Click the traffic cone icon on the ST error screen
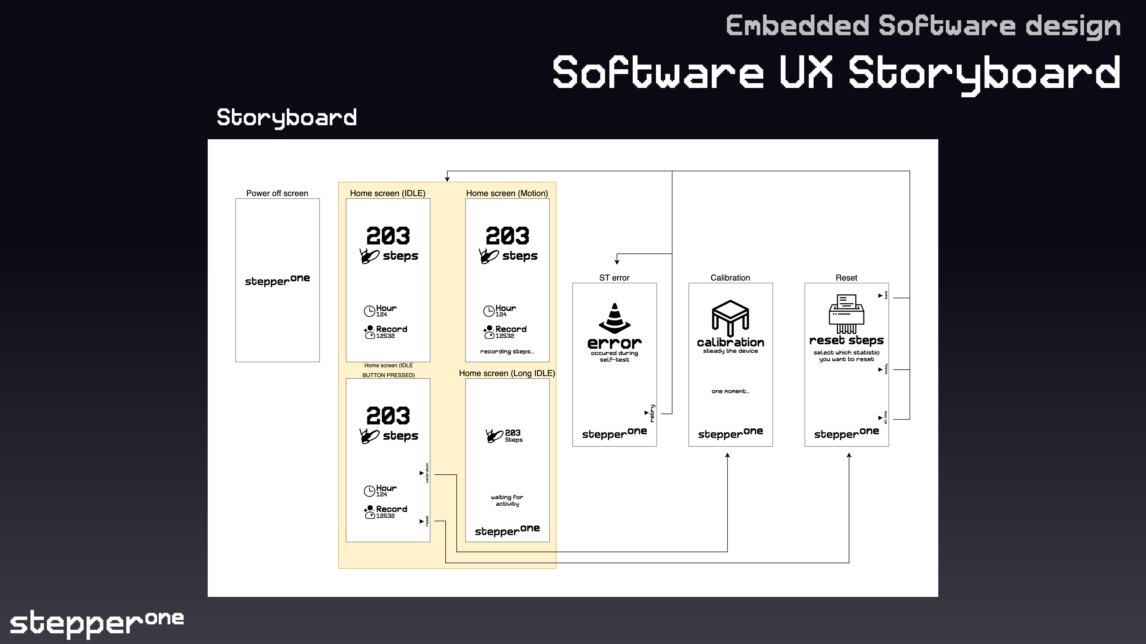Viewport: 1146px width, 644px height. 614,318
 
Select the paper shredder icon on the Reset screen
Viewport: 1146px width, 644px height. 846,314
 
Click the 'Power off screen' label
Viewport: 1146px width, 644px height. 277,193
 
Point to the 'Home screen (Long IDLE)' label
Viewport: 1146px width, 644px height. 507,373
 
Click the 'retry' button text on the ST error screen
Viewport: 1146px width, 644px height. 652,413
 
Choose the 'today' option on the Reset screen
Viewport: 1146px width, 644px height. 886,369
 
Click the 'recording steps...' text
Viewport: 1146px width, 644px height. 507,352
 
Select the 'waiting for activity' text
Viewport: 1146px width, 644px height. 507,501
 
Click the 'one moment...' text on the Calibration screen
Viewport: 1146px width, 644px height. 730,391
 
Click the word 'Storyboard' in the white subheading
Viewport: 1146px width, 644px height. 286,118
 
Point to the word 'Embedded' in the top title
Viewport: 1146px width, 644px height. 797,26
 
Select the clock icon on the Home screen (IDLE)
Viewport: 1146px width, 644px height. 369,311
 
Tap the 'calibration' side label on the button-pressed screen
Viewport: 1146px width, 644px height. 427,473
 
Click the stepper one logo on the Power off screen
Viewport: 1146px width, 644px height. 277,281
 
